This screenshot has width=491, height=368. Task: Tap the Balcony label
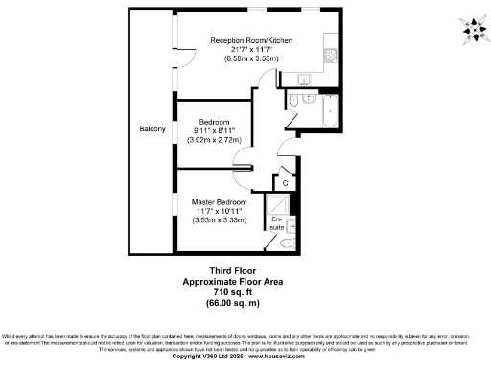point(152,129)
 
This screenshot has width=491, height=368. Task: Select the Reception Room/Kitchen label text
point(251,40)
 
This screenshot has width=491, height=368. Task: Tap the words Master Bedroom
point(221,202)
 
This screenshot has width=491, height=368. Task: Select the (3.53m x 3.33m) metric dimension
point(221,221)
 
